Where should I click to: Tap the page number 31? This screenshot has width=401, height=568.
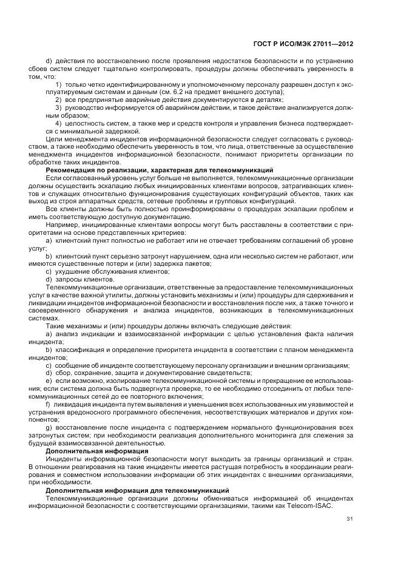[x=349, y=519]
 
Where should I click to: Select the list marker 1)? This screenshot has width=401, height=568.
[x=59, y=84]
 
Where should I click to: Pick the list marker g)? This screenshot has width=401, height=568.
[x=49, y=428]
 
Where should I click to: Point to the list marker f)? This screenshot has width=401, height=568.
[x=49, y=404]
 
